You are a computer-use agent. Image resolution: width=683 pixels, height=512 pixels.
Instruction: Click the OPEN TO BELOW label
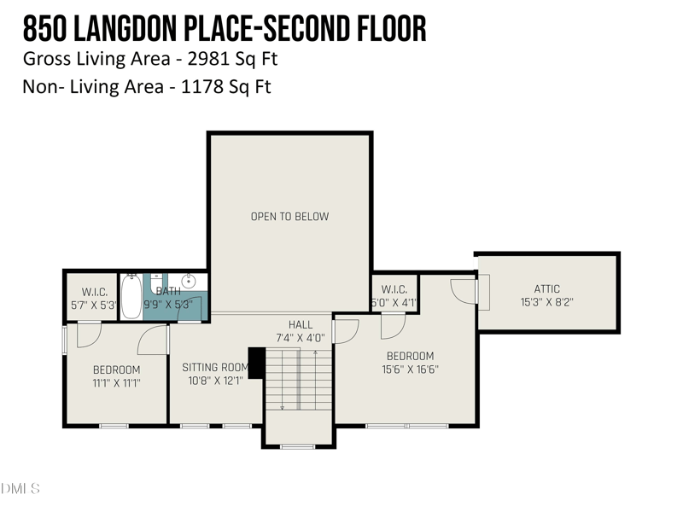coord(289,217)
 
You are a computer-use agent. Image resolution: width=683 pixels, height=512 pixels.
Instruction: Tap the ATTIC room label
coord(547,288)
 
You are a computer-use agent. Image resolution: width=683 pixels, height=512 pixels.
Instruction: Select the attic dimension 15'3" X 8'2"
coord(547,302)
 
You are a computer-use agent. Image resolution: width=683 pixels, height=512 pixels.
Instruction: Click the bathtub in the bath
coord(131,296)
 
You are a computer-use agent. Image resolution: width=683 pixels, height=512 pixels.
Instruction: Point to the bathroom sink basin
coord(189,282)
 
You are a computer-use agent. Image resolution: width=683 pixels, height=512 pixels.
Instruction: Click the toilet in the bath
coord(156,284)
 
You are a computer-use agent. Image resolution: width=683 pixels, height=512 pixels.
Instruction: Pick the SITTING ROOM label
coord(215,368)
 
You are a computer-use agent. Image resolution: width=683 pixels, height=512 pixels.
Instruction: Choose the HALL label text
coord(301,324)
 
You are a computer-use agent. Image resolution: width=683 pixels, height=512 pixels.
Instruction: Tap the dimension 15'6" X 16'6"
coord(411,369)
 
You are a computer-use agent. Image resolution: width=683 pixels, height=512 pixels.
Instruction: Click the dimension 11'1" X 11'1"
coord(116,383)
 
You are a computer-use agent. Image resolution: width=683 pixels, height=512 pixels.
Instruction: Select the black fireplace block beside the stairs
coord(257,362)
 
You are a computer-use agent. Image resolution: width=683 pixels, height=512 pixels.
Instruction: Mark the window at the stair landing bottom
coord(297,446)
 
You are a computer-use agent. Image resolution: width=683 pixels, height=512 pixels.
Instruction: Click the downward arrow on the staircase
coord(283,380)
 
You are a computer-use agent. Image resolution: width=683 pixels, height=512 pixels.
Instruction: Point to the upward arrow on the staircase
coord(315,380)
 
